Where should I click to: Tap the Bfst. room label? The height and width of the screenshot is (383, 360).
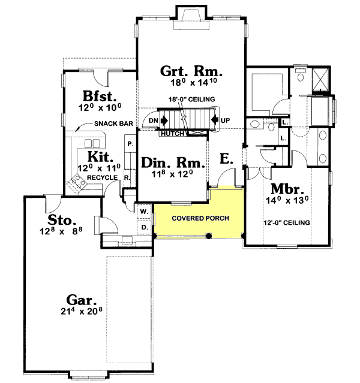tap(99, 96)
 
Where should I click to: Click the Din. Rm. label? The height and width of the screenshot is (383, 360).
tap(173, 162)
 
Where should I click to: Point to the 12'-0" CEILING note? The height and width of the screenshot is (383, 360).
tap(287, 223)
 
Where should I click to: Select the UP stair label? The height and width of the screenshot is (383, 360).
tap(225, 120)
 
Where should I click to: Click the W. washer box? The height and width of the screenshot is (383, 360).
tap(144, 212)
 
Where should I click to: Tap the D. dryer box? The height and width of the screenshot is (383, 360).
tap(144, 227)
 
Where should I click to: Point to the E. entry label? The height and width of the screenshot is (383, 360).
tap(226, 158)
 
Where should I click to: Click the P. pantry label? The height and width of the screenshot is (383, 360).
tap(130, 144)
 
